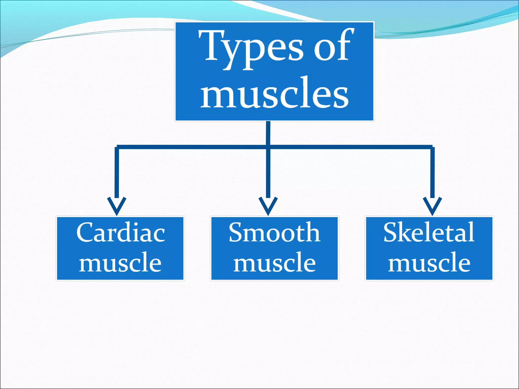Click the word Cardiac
coord(121,232)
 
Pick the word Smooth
coord(274,232)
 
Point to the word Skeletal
coord(429,232)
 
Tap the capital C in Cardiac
coord(86,232)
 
